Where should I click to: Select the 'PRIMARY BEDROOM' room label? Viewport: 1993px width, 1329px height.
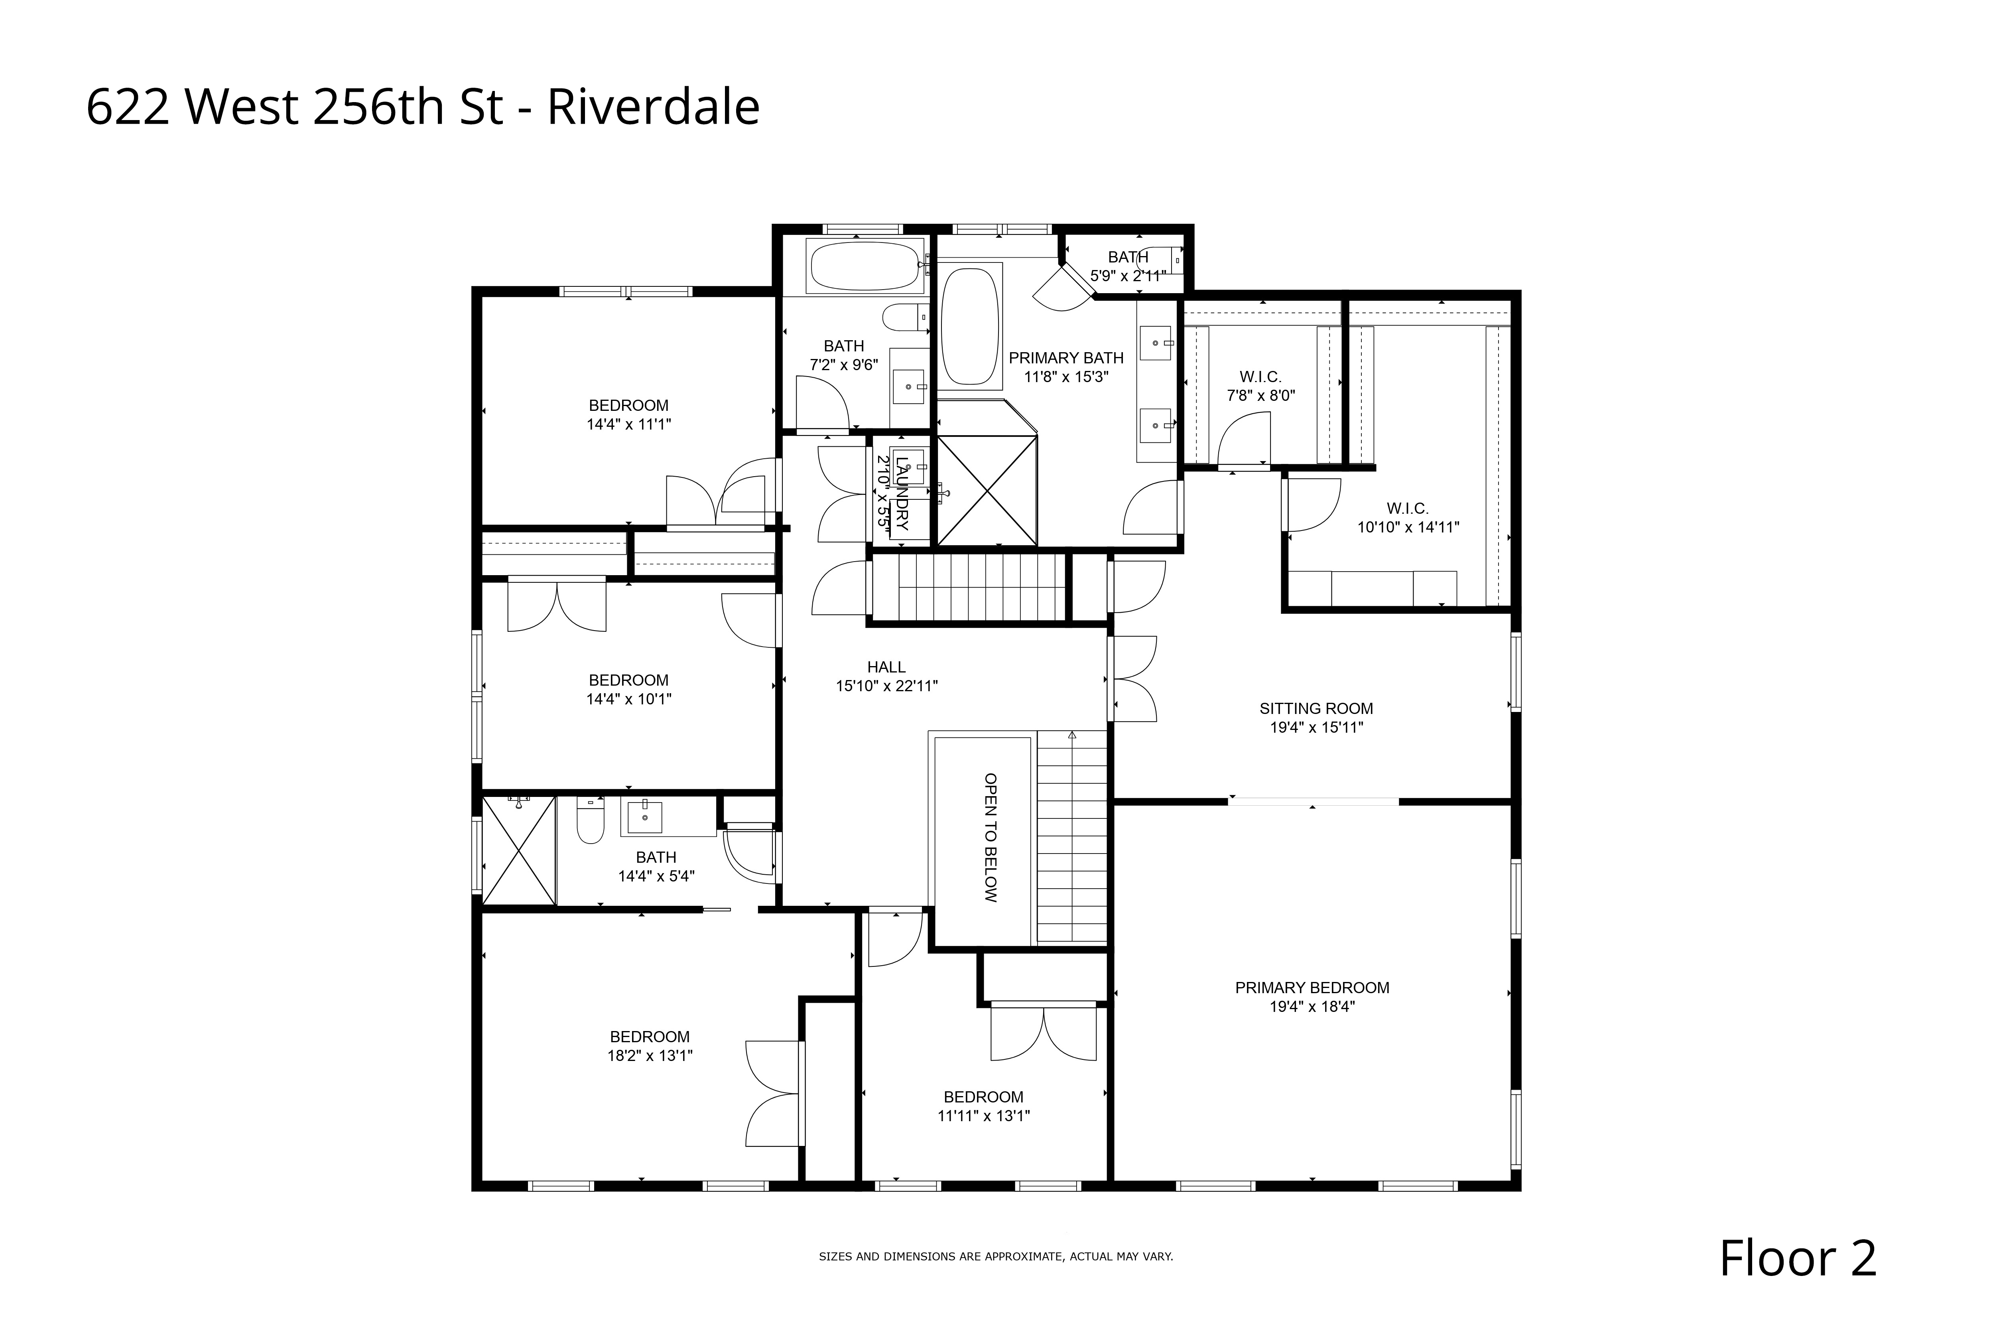tap(1312, 988)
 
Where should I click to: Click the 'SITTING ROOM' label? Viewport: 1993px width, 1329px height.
tap(1316, 708)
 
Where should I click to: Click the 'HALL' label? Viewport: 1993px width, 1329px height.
tap(886, 667)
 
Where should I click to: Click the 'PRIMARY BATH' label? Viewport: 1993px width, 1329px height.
tap(1066, 358)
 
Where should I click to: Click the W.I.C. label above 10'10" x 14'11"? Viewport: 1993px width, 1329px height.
tap(1408, 509)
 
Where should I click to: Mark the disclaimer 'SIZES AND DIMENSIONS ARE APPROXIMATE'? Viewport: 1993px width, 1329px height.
tap(996, 1256)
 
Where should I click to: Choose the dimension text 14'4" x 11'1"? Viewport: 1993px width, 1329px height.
tap(629, 424)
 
